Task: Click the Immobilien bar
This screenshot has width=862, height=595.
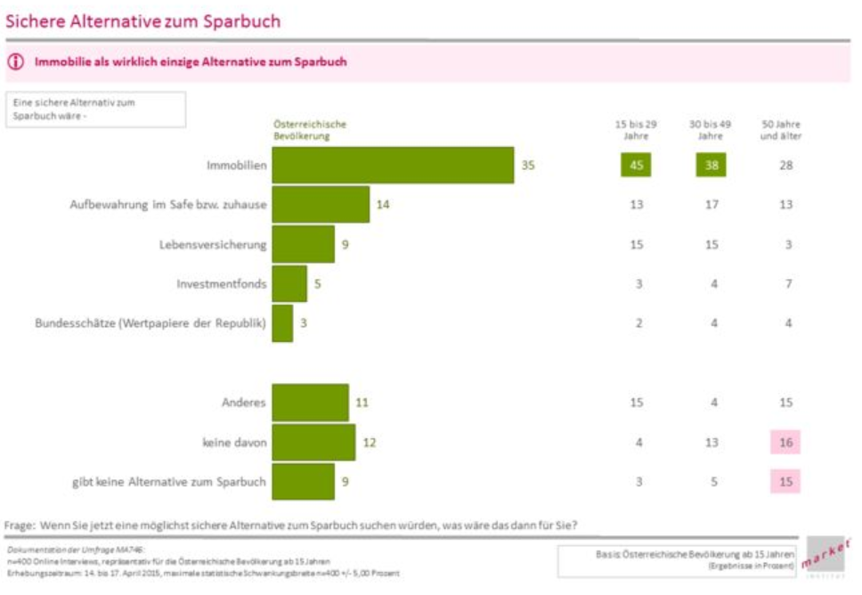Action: tap(393, 166)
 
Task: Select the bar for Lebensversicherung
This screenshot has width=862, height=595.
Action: tap(303, 244)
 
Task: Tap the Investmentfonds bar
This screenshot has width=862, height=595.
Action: tap(289, 283)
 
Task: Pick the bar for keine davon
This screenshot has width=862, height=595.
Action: tap(313, 443)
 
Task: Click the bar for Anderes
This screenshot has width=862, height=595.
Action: tap(310, 403)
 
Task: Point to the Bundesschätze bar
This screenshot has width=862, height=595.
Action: tap(282, 323)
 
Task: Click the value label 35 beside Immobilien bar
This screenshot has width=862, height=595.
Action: tap(528, 166)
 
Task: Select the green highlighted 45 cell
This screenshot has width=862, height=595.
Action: tap(636, 165)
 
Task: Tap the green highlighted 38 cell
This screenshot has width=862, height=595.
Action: tap(711, 165)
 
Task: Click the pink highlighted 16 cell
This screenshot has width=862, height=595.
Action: tap(785, 442)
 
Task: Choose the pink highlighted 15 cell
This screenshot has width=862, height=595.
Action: tap(785, 482)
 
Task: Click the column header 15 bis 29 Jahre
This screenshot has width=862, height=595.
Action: tap(636, 130)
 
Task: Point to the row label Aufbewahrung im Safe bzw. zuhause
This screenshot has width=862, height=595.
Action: tap(167, 205)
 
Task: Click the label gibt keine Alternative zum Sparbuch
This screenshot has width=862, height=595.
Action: tap(169, 482)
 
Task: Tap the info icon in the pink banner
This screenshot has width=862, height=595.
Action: tap(15, 62)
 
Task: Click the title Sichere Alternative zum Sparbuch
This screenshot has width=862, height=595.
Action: tap(142, 20)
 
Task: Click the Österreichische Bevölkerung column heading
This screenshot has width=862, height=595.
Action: tap(309, 130)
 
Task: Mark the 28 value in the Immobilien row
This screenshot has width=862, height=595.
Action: tap(785, 166)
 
